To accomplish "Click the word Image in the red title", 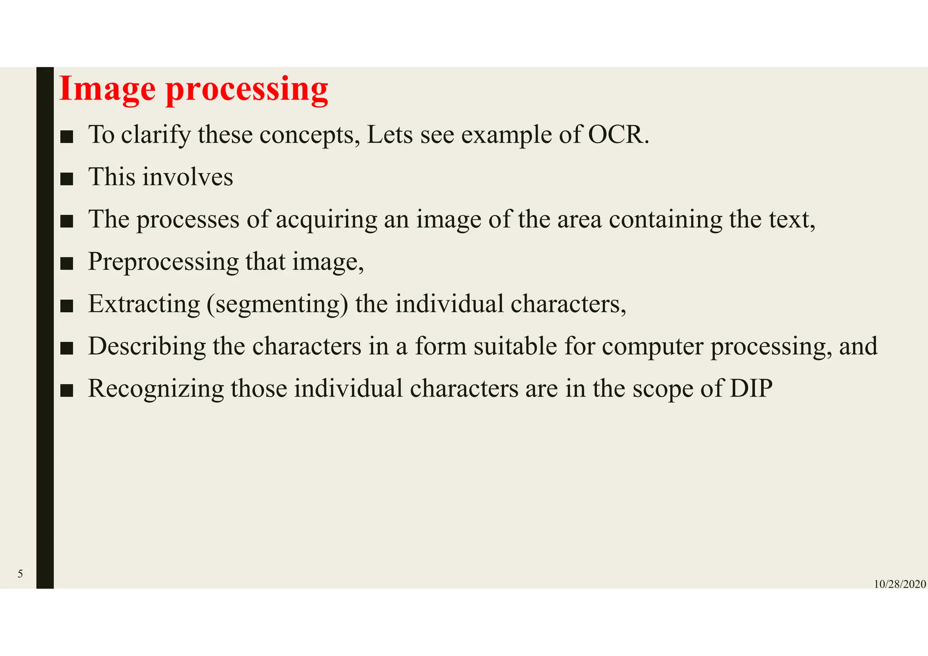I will pos(107,89).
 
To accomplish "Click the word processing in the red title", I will pos(247,90).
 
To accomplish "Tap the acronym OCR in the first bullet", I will pos(618,135).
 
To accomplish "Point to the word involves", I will pos(188,177).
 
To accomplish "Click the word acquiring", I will pos(326,220).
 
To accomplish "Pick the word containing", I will pos(665,219).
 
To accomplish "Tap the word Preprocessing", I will pos(163,262).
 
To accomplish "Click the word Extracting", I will pos(144,304).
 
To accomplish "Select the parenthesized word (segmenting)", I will pos(278,304).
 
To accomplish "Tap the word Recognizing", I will pos(156,389).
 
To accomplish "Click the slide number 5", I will pos(20,574).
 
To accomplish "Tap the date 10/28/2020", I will pos(899,584).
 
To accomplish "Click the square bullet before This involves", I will pos(67,179).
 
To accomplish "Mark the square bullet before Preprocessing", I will pos(67,264).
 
